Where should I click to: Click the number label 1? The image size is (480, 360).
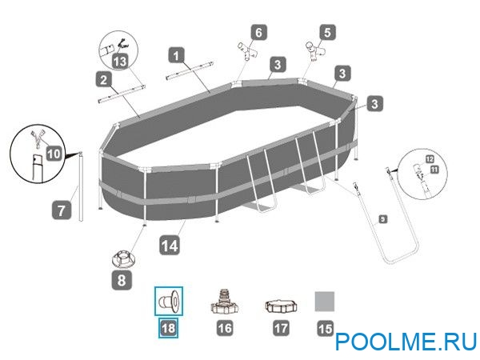pyautogui.click(x=177, y=57)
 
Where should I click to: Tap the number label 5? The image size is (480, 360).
pyautogui.click(x=325, y=33)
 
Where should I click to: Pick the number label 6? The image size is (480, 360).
pyautogui.click(x=258, y=33)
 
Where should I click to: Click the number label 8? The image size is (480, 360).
pyautogui.click(x=121, y=281)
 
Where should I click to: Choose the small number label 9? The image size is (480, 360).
pyautogui.click(x=382, y=218)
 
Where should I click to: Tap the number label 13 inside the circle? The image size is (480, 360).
pyautogui.click(x=120, y=62)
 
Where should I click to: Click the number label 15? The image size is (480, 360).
pyautogui.click(x=323, y=327)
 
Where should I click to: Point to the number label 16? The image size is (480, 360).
pyautogui.click(x=225, y=327)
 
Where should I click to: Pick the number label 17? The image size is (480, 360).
pyautogui.click(x=281, y=327)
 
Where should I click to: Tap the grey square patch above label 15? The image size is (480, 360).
pyautogui.click(x=323, y=301)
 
